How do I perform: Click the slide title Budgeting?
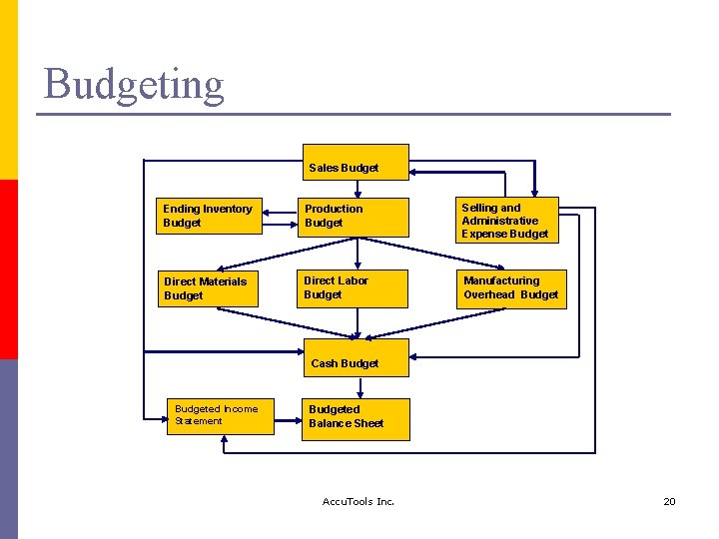tap(134, 84)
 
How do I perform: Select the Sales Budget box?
tap(344, 163)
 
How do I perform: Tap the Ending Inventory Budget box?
tap(210, 216)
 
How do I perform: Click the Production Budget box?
tap(355, 217)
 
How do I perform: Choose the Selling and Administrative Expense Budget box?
tap(509, 221)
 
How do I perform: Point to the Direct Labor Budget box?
tap(355, 288)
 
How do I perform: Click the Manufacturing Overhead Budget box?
tap(511, 288)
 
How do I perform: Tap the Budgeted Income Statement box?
tap(220, 415)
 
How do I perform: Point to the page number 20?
tap(669, 501)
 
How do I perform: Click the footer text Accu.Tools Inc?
tap(359, 501)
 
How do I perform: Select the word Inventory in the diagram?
tap(227, 209)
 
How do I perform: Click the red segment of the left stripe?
tap(9, 269)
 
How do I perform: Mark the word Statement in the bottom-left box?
tap(199, 421)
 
